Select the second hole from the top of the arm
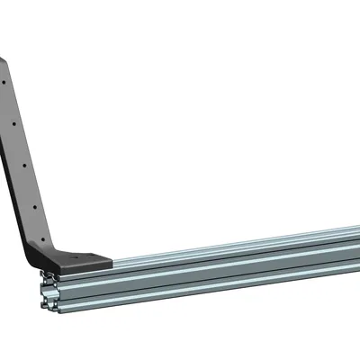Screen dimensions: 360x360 click(14, 122)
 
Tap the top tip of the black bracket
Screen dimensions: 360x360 click(3, 59)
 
